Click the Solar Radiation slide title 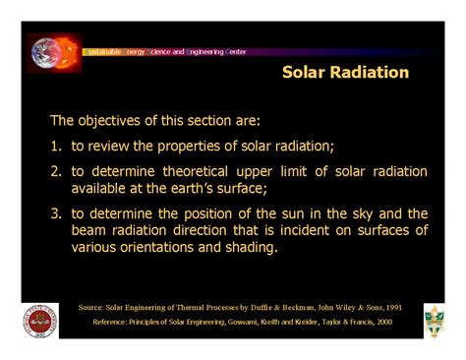(345, 73)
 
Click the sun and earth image (55, 53)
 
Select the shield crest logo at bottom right (434, 320)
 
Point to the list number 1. (56, 147)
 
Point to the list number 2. (56, 172)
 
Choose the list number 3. (56, 213)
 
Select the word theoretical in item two (205, 172)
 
